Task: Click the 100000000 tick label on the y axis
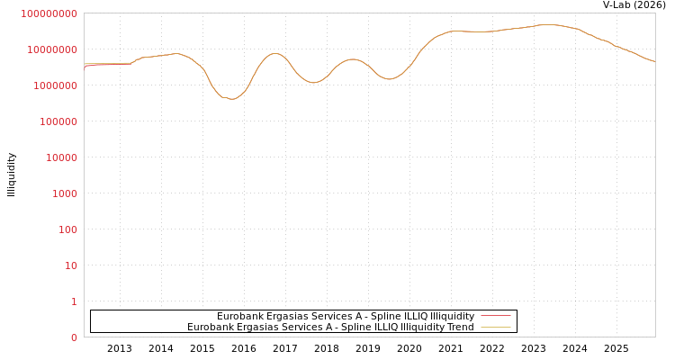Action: [49, 13]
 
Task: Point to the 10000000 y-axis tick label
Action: [51, 49]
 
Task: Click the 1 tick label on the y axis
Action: [74, 301]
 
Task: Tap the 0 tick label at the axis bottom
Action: [74, 337]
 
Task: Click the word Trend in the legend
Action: [460, 327]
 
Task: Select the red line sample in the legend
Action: [495, 316]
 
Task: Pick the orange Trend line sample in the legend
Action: [495, 327]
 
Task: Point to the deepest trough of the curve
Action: [232, 99]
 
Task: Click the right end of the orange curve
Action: [654, 61]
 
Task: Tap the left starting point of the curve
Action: [85, 67]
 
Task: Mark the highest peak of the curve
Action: [546, 24]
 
